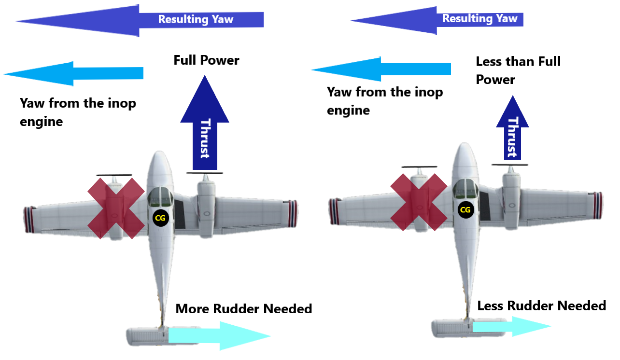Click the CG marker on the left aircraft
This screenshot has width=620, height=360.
160,218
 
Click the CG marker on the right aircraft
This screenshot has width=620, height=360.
465,209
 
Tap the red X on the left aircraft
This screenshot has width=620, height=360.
116,208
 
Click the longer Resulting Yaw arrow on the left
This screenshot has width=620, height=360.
140,20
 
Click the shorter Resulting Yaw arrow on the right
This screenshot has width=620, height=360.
437,20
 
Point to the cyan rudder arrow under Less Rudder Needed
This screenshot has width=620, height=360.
512,327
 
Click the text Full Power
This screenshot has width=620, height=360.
206,60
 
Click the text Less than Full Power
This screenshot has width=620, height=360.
518,70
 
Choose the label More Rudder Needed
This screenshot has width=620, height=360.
244,309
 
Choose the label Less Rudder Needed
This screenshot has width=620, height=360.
541,306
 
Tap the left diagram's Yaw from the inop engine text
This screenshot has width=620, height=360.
77,112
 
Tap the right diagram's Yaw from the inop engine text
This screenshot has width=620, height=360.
384,101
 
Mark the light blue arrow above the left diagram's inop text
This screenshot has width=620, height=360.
73,73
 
